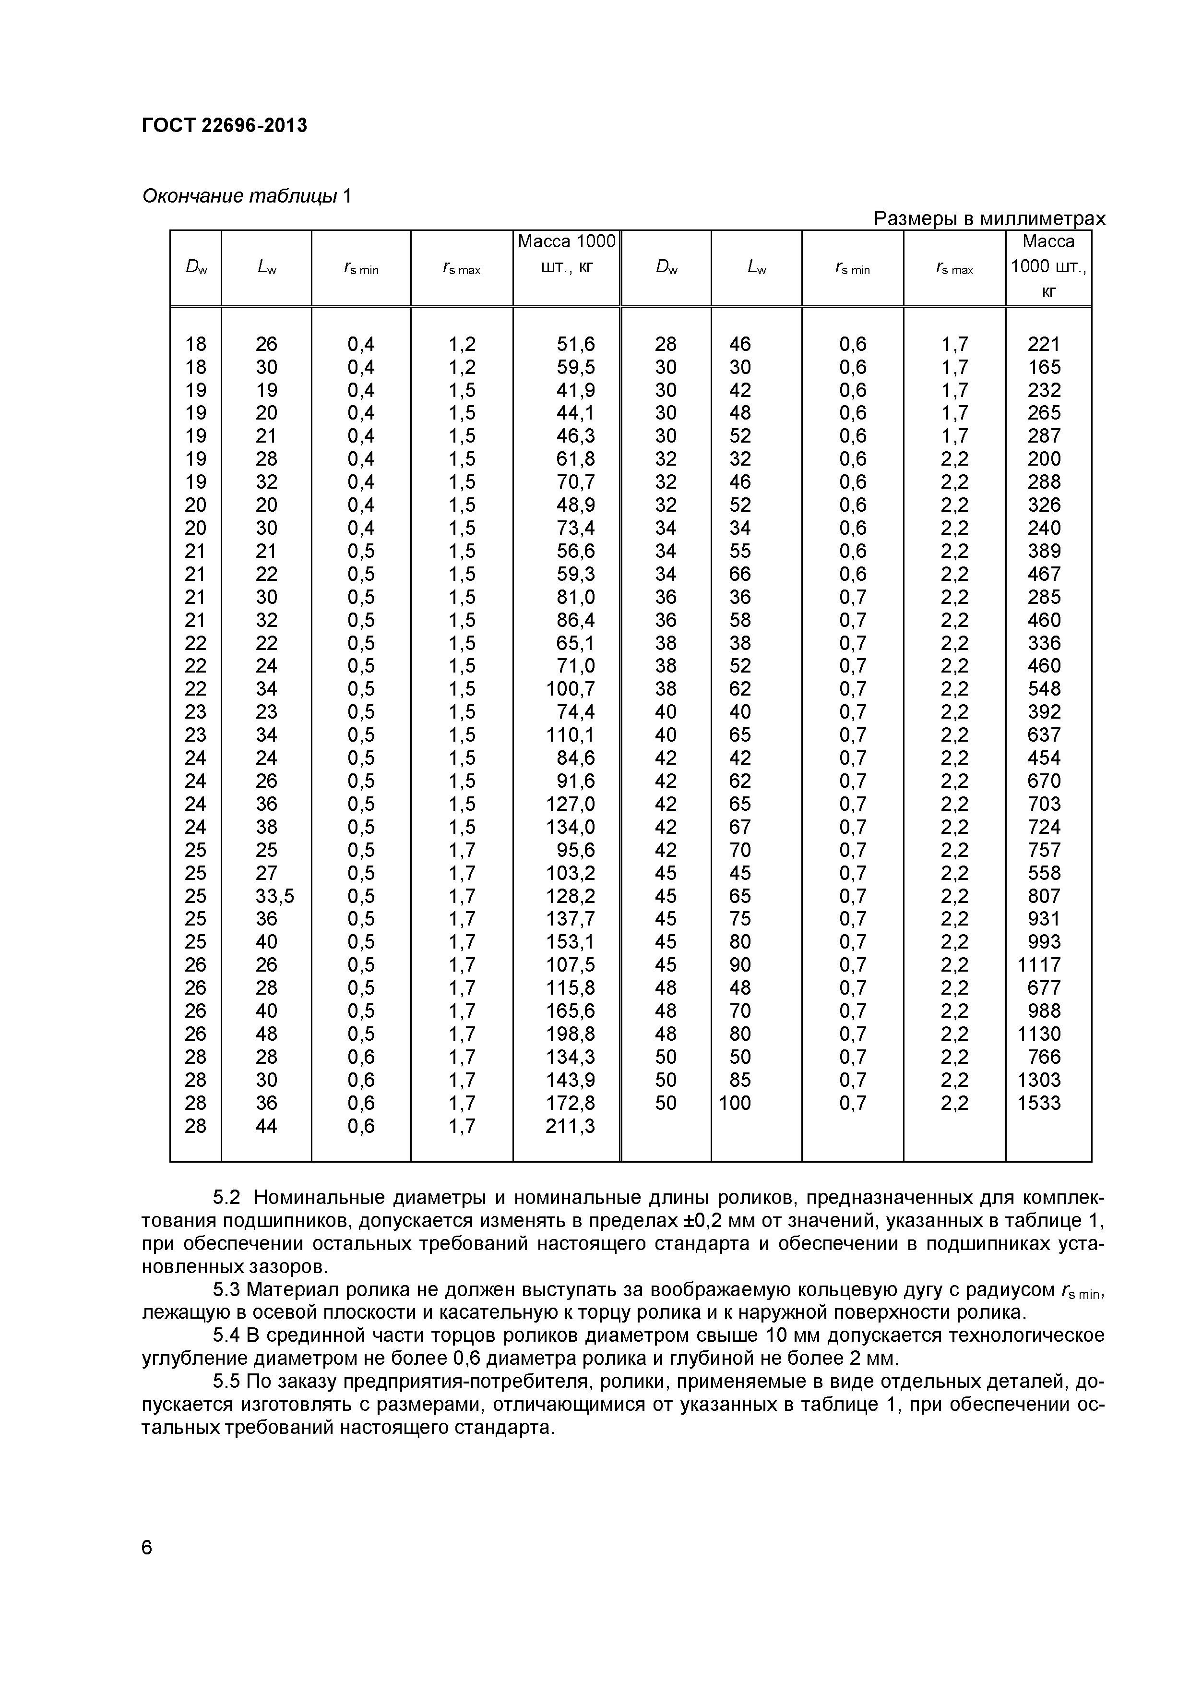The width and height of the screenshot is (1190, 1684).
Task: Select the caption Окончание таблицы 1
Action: [x=246, y=196]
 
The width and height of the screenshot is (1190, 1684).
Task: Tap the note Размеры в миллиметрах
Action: [x=989, y=218]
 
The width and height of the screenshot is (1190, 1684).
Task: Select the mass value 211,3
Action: [x=570, y=1126]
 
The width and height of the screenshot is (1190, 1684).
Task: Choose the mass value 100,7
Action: [x=570, y=689]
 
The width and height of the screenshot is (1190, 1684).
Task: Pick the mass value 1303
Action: [x=1038, y=1080]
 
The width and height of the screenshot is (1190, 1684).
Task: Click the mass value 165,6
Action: [x=570, y=1010]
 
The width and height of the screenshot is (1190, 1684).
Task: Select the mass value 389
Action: [x=1043, y=551]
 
